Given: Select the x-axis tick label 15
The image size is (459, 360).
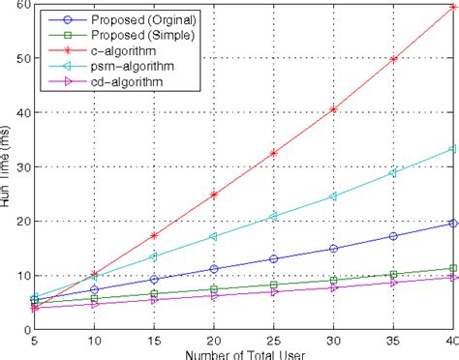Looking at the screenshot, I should coord(153,341).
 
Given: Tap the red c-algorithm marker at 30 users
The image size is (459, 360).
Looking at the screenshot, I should coord(333,109).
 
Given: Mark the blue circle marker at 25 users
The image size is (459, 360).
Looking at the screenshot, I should coord(273,259).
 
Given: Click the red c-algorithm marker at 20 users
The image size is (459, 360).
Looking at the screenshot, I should coord(213,195).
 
